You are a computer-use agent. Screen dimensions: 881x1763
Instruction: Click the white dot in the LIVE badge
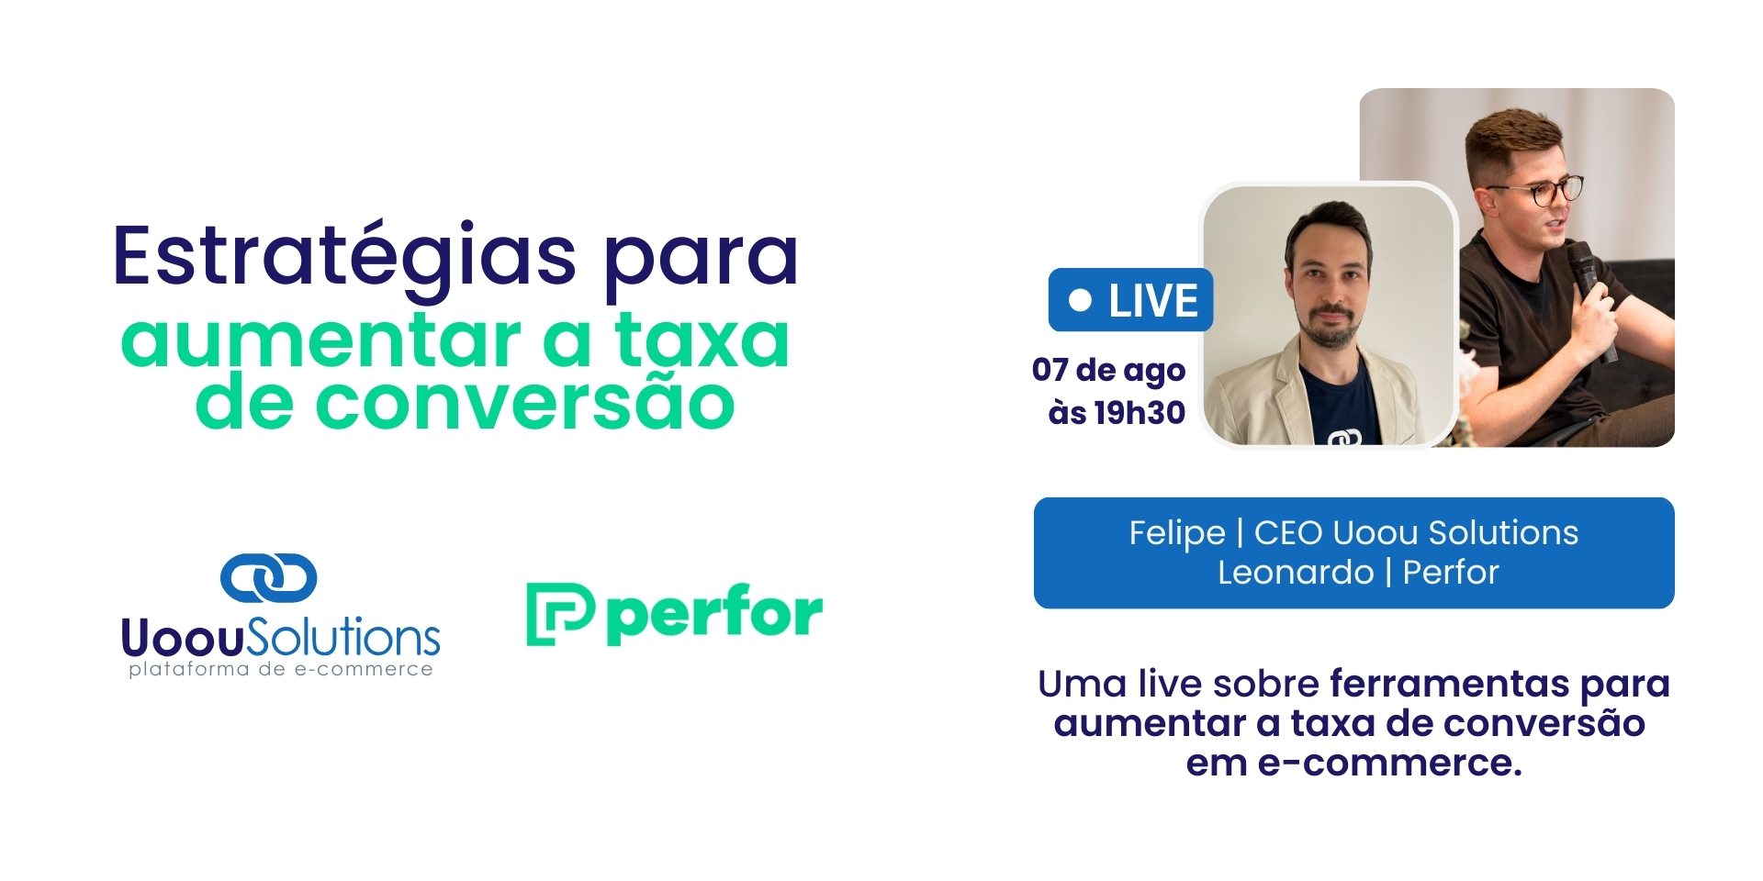(x=1081, y=300)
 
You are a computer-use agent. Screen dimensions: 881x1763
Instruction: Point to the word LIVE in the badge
(x=1153, y=301)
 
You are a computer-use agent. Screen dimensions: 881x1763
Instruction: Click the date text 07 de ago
(x=1108, y=370)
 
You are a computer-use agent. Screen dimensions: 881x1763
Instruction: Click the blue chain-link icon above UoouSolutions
(x=268, y=577)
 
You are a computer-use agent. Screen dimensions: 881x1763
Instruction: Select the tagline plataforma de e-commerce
(x=280, y=669)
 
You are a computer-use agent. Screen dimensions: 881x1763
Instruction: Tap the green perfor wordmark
(x=714, y=613)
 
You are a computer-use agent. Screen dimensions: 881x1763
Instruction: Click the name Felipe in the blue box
(x=1176, y=533)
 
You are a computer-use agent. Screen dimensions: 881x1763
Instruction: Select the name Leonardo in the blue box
(x=1295, y=573)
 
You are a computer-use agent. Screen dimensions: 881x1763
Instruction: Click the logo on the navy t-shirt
(x=1344, y=438)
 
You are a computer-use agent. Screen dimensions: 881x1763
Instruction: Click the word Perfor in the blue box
(x=1451, y=573)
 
